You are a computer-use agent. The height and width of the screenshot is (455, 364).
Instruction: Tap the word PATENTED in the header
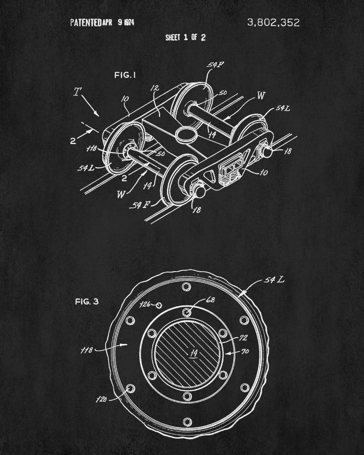86,23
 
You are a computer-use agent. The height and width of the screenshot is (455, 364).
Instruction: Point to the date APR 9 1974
119,23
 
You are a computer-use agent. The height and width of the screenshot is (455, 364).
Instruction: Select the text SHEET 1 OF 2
185,38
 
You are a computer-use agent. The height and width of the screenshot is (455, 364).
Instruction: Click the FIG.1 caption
125,75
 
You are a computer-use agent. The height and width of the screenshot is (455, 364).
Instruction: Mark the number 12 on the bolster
154,89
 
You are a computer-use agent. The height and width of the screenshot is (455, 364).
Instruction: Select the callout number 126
144,304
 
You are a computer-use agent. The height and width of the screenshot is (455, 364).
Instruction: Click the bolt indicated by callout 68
187,312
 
